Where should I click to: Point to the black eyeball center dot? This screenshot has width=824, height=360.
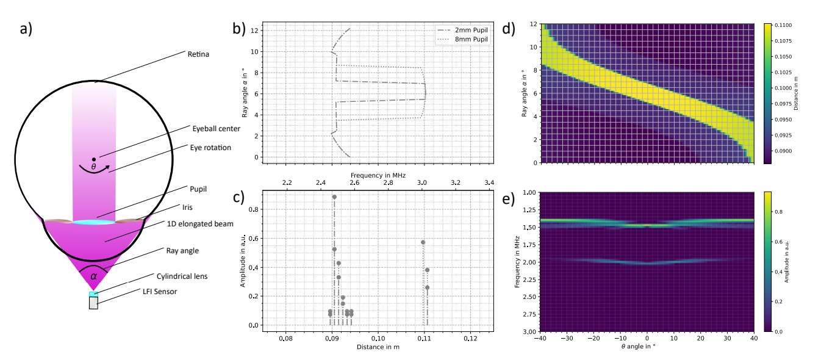[x=94, y=160]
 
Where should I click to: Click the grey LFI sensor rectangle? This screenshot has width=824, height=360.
[x=93, y=303]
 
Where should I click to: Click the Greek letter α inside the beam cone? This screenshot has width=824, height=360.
[x=93, y=276]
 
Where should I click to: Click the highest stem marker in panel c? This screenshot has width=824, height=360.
[x=334, y=197]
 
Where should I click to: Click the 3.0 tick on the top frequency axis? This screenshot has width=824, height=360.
[x=421, y=182]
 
